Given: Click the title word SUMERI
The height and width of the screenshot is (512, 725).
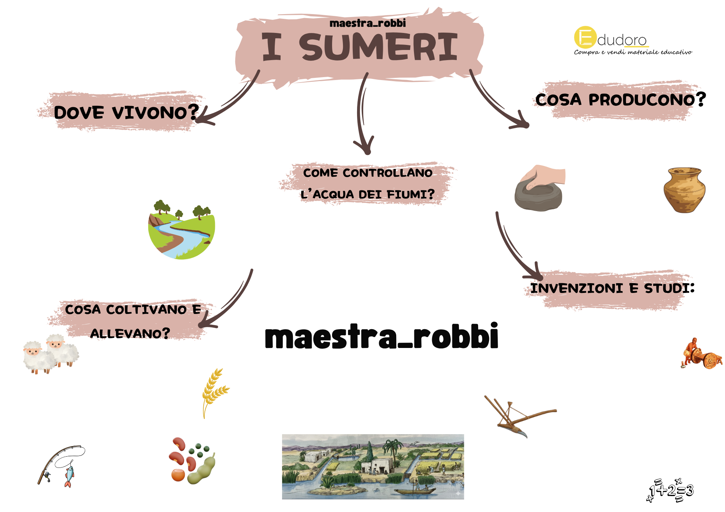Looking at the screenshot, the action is coord(378,47).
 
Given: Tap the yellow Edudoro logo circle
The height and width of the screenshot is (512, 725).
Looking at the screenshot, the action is coord(585,37).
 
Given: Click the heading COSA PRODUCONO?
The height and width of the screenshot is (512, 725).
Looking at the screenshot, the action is coord(621,99).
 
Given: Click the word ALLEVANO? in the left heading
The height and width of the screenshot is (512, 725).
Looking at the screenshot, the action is coord(130,333).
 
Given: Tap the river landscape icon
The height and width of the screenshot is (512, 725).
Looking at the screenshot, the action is coord(181,229).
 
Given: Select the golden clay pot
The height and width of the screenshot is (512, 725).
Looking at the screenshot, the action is coord(684,190).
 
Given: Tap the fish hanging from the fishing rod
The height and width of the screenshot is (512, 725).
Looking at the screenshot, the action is coord(69,476).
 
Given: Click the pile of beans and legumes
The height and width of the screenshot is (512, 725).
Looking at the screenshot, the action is coord(192,461).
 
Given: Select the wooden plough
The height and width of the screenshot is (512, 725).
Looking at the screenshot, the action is coord(520,416).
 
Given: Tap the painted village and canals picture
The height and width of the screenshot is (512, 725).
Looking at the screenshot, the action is coord(373,467).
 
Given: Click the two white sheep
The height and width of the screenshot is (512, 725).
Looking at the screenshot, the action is coord(51,354).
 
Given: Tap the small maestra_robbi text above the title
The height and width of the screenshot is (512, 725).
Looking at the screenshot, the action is coord(368,23).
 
